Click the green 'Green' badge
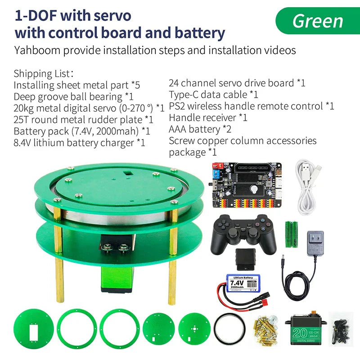coord(318,21)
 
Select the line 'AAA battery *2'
coord(200,130)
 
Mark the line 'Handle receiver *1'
coord(208,118)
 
